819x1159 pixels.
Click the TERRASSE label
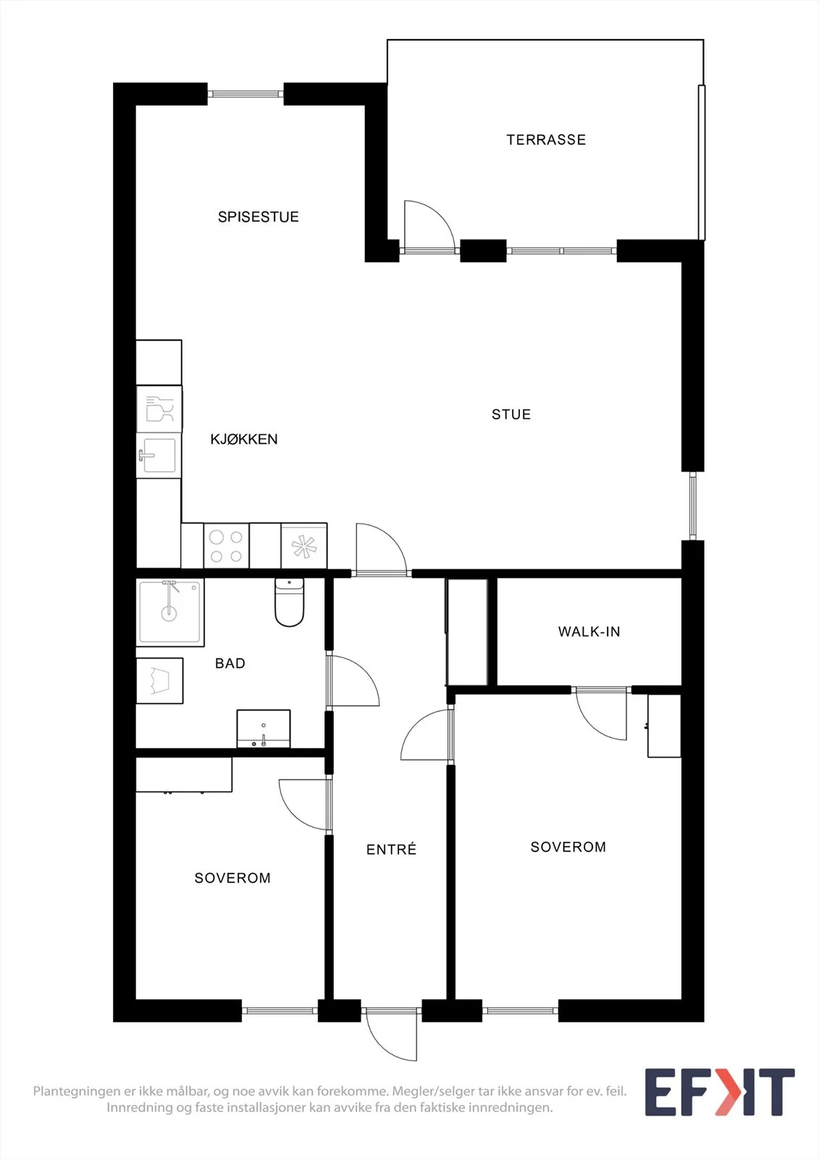(546, 140)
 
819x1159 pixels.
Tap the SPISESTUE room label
(259, 217)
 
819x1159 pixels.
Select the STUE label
(511, 414)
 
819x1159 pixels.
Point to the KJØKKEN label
(244, 439)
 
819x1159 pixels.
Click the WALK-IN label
(589, 632)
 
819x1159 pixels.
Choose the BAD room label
(230, 664)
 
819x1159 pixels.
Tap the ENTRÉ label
(391, 850)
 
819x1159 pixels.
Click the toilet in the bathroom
(289, 602)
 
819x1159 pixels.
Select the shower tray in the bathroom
(170, 612)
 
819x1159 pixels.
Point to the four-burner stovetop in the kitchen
(226, 546)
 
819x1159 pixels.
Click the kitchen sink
(159, 456)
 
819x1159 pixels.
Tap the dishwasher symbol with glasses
(159, 409)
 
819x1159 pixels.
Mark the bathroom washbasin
(264, 729)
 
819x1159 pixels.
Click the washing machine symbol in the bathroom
(159, 680)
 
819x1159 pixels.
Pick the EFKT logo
(720, 1092)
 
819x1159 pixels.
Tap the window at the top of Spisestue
(245, 94)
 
